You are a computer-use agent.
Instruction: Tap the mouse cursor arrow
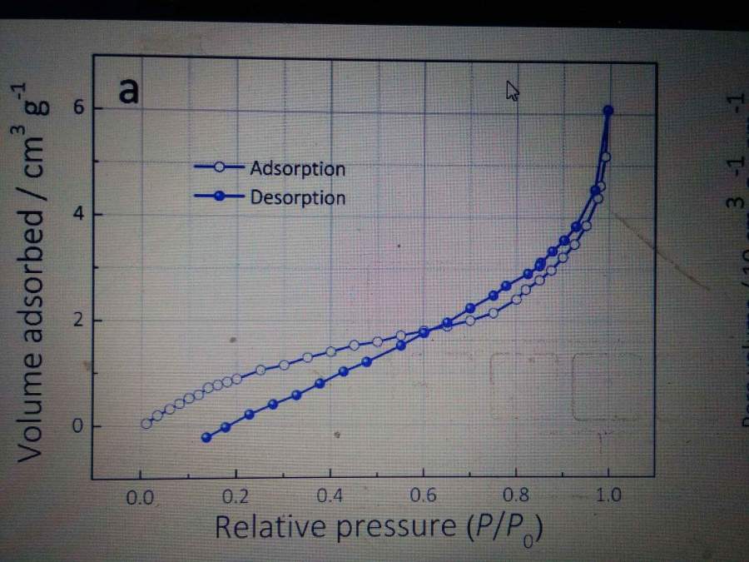[513, 90]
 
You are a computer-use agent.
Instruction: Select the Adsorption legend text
[297, 168]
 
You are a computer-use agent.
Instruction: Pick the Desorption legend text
[297, 197]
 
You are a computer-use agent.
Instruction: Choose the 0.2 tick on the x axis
[236, 498]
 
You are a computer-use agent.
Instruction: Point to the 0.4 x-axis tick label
[330, 498]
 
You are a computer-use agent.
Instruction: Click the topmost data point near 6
[608, 110]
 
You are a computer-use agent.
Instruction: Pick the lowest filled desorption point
[206, 437]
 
